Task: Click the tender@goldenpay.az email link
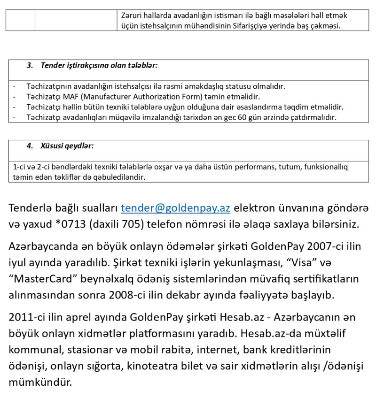tap(175, 208)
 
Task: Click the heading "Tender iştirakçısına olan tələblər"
tap(99, 65)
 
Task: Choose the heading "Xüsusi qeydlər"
tap(67, 146)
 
